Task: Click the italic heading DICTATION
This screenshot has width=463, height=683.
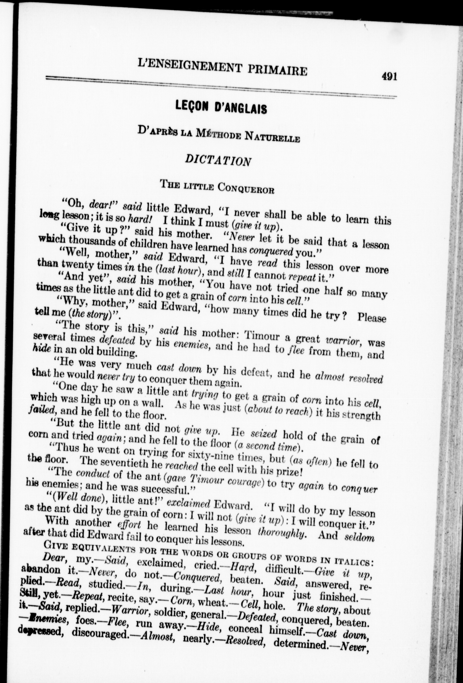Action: pos(218,160)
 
